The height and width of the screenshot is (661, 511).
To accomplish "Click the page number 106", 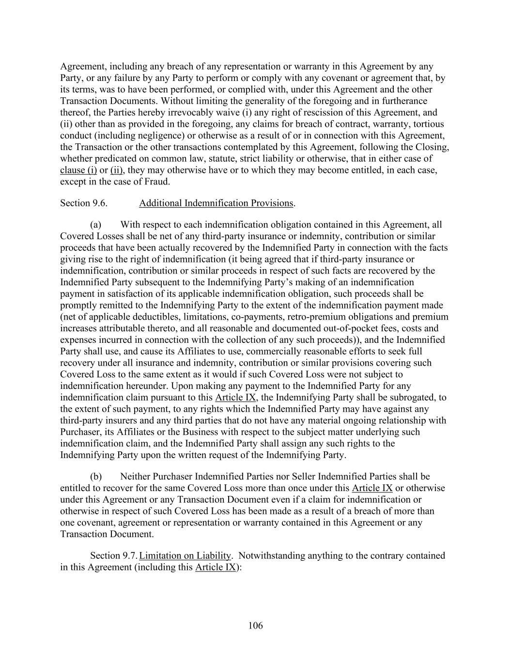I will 255,626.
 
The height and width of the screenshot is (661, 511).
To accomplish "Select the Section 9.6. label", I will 83,203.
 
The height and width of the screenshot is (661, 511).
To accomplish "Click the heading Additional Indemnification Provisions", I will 216,203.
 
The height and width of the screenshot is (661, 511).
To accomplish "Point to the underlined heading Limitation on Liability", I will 185,555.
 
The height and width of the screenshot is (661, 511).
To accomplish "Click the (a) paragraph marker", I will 96,225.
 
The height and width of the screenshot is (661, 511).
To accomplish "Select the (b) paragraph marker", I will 96,477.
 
